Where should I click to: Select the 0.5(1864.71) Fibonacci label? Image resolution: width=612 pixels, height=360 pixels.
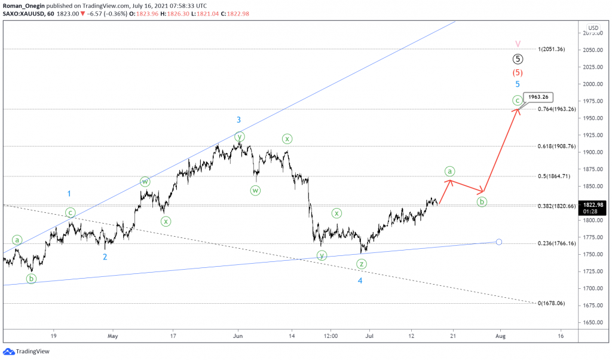pos(553,176)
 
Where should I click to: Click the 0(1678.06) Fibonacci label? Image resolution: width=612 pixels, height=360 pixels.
pos(551,303)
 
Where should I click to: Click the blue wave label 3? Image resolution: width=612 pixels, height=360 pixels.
pos(238,120)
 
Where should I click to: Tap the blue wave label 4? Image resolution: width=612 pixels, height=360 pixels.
pos(360,280)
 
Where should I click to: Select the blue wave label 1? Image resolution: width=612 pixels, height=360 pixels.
pos(69,193)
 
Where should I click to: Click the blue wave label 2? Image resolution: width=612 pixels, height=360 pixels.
pos(105,257)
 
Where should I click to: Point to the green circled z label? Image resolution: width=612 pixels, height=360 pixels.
pos(362,264)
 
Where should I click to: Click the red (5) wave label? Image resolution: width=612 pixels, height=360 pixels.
pos(518,72)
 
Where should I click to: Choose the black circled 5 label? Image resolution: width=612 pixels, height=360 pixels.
pos(518,59)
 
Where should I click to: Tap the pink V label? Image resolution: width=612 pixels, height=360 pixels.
pos(518,44)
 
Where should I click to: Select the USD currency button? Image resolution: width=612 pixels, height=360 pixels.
pos(593,28)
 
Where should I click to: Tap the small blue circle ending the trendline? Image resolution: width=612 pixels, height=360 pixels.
pos(499,242)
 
